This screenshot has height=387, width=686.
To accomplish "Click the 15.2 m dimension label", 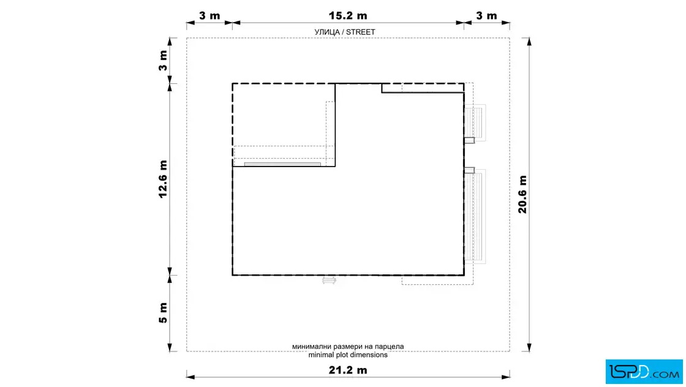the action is click(348, 16).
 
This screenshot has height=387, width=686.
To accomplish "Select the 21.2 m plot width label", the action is click(348, 370).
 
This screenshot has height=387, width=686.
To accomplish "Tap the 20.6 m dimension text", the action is click(522, 195).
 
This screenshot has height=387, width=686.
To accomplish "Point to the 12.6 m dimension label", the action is click(163, 179).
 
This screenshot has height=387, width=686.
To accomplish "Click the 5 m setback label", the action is click(163, 313).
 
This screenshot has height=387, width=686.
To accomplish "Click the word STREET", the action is click(361, 32).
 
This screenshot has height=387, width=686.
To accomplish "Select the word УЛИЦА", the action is click(327, 32).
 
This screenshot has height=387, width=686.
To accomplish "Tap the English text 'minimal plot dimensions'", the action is click(348, 355).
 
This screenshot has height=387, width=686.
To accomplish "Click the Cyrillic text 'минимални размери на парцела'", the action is click(348, 347).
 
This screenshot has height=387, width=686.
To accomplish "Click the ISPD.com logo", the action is click(644, 372).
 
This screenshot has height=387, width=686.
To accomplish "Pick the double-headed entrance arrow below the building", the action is click(329, 280).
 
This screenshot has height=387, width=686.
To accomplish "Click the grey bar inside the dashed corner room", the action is click(282, 165).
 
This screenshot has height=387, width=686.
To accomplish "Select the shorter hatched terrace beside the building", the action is click(475, 123).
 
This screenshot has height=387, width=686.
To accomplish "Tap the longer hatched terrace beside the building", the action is click(475, 216).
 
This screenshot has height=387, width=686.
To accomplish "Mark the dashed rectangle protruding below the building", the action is click(437, 280).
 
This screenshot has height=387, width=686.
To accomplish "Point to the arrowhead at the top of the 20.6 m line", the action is click(529, 42).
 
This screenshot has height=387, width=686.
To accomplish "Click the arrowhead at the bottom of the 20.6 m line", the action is click(529, 348).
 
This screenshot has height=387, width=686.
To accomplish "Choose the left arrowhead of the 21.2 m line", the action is click(190, 377).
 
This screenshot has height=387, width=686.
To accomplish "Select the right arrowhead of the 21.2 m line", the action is click(506, 377).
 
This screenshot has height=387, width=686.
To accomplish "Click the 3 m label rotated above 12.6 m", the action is click(163, 61).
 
